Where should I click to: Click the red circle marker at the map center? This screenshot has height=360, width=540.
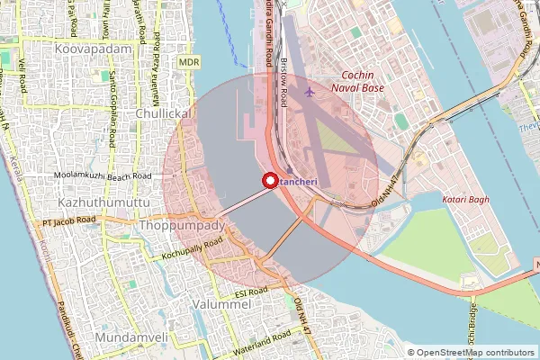tap(269, 181)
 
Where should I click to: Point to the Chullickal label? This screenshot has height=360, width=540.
tap(162, 115)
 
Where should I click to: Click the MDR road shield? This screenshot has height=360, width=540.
tap(189, 61)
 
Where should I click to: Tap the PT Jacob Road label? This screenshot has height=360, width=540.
tap(68, 220)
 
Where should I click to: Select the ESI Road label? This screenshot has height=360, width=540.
tap(251, 292)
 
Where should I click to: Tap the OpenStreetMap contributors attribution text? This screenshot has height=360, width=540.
tap(475, 352)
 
